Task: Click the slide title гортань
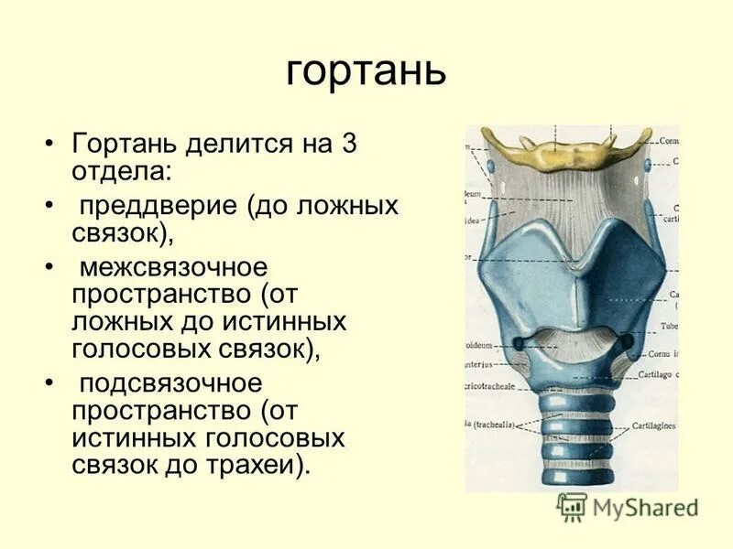click(x=366, y=71)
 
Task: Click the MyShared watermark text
click(x=645, y=506)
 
